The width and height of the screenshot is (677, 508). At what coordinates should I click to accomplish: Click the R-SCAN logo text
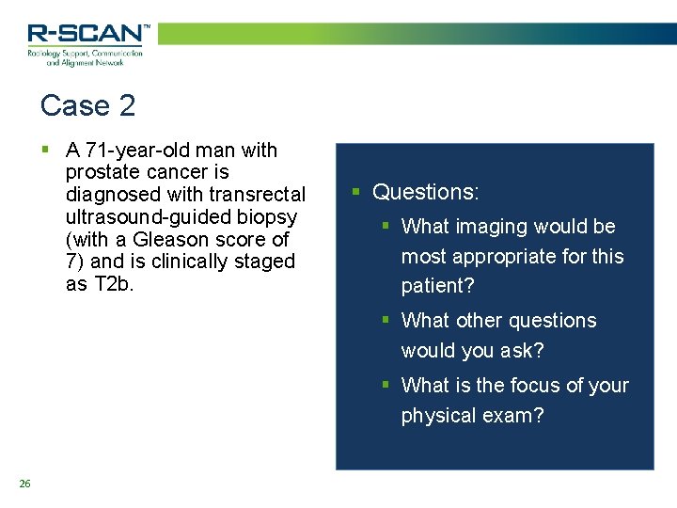[87, 34]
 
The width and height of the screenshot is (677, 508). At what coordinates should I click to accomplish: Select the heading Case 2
[88, 105]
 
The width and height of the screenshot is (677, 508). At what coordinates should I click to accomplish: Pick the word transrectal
[259, 195]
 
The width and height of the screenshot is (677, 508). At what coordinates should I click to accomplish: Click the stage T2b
[114, 283]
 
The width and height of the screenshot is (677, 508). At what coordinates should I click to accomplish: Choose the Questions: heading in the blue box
[426, 192]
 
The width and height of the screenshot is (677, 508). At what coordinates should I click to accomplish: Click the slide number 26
[24, 484]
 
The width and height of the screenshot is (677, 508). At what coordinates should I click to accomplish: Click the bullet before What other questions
[386, 321]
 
